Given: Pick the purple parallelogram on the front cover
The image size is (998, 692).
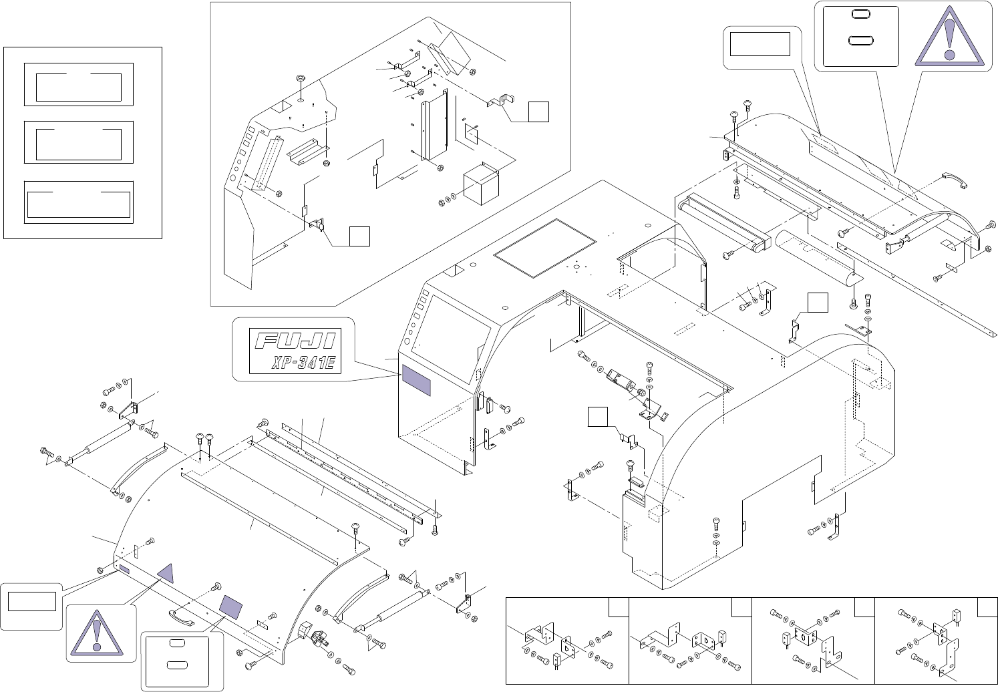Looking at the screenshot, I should [x=230, y=606].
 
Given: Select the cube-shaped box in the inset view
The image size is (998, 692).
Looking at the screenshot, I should [x=481, y=183].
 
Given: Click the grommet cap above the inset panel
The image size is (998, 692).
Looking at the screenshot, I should [x=300, y=79].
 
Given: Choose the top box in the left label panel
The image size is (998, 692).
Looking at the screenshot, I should [x=79, y=85].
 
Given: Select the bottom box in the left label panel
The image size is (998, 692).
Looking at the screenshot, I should [x=79, y=202].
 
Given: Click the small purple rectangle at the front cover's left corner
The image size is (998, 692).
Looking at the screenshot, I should [x=125, y=569].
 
